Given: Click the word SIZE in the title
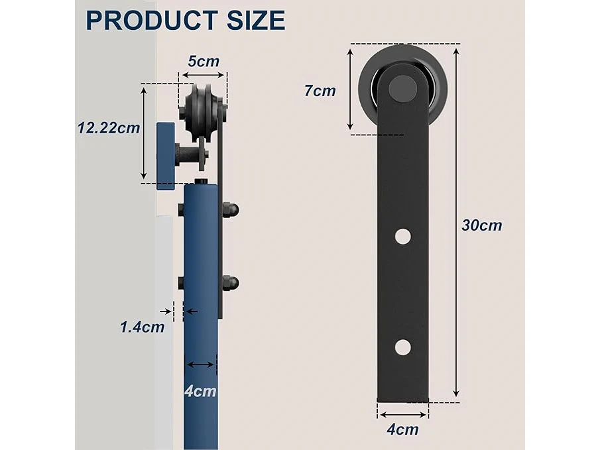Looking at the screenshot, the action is (256, 20).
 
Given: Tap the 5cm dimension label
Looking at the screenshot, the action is (204, 61).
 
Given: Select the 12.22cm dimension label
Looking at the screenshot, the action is (109, 128).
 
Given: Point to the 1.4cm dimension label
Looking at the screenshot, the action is (143, 327).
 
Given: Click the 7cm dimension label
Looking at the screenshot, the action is (320, 91).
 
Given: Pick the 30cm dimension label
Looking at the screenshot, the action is (482, 225).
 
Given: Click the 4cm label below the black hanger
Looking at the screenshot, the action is (402, 429).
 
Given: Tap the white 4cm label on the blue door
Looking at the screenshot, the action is (200, 391).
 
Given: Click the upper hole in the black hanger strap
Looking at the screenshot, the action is (403, 237).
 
